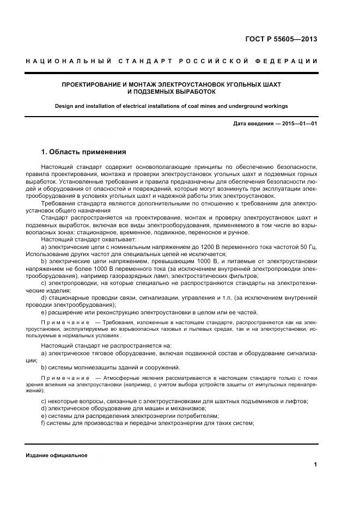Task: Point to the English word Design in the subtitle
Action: (x=64, y=106)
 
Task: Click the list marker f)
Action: (x=44, y=424)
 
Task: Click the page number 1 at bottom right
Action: (x=315, y=464)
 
